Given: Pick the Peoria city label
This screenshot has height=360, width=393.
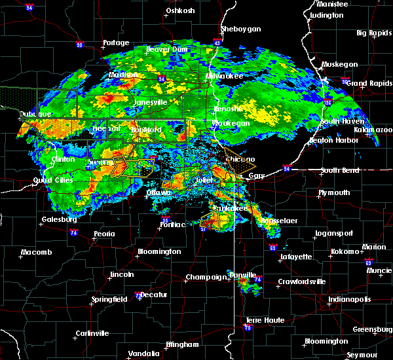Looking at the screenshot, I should (x=109, y=234).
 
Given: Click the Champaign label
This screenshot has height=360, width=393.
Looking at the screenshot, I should (x=206, y=278).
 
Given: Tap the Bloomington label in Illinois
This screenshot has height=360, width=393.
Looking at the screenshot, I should (x=159, y=252).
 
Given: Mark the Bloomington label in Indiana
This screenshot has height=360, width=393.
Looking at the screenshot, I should (x=326, y=342).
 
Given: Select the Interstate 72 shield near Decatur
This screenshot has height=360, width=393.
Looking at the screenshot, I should (x=136, y=296).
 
